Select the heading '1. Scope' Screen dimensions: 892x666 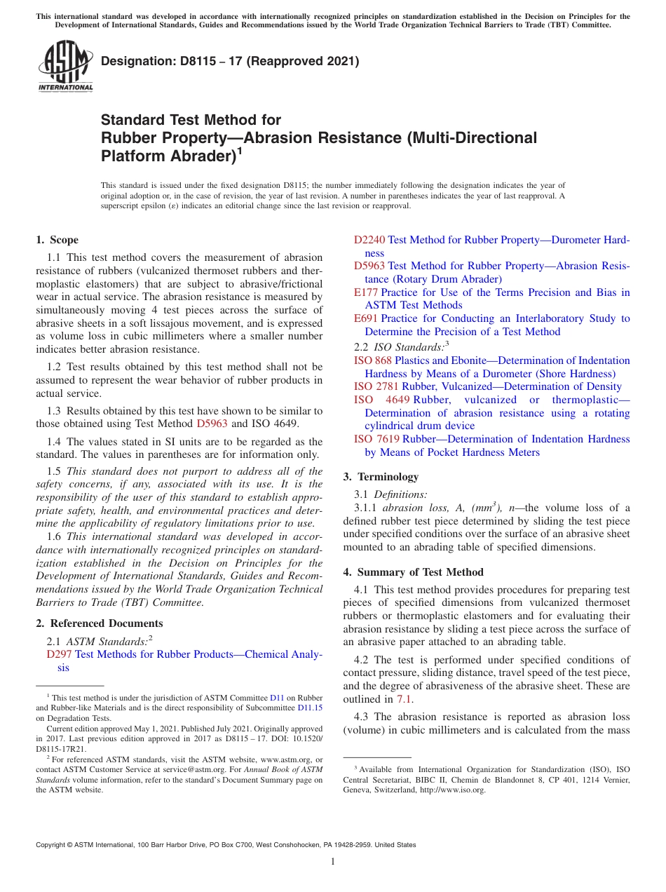[x=57, y=240]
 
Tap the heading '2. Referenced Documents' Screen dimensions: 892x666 [x=100, y=623]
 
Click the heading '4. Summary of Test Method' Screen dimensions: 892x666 [x=413, y=572]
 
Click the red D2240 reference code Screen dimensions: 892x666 [x=369, y=240]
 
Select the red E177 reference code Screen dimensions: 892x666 [x=366, y=292]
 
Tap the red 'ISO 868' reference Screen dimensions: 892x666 [x=373, y=360]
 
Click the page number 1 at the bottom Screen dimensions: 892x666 [x=333, y=862]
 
